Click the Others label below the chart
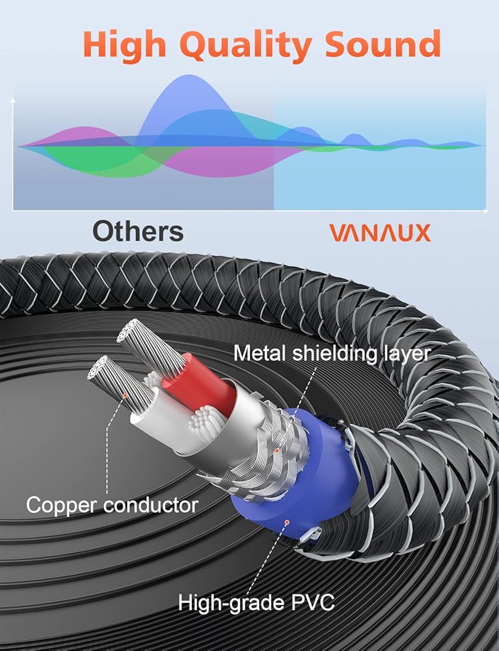137,231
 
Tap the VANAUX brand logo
380,233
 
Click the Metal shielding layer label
332,353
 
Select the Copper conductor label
112,505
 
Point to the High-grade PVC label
256,602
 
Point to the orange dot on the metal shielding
277,449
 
